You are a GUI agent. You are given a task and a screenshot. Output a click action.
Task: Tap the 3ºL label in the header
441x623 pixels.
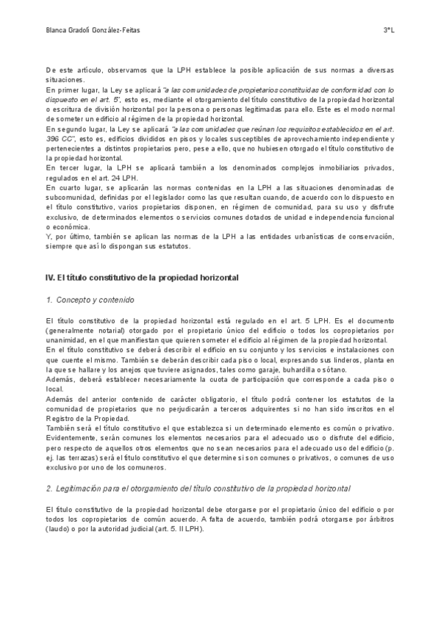[388, 30]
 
